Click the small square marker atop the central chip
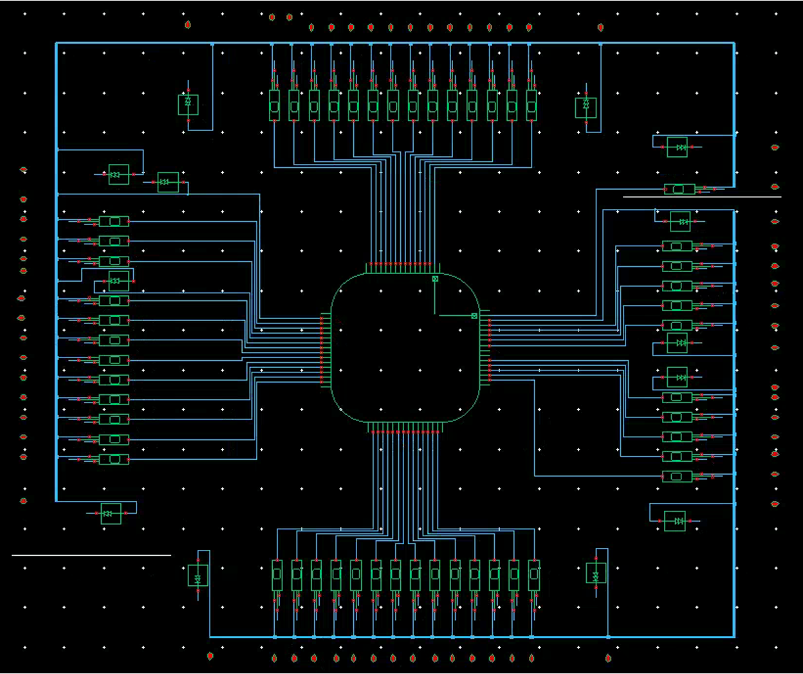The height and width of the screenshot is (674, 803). tap(435, 278)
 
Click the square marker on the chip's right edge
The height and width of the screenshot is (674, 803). tap(474, 316)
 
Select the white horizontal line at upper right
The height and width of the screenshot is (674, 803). tap(701, 197)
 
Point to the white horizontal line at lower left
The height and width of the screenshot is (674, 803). tap(91, 554)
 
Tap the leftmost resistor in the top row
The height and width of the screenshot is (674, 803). tap(275, 105)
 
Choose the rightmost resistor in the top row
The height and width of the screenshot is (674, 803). tap(531, 105)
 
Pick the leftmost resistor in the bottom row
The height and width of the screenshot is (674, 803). tap(277, 575)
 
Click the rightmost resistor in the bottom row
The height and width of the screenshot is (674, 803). tap(533, 575)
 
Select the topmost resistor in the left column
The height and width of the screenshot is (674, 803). tap(114, 221)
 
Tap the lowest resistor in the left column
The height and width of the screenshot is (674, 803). tap(114, 459)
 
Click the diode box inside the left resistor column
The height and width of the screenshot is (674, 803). tap(118, 281)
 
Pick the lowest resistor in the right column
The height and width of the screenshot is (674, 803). tap(677, 477)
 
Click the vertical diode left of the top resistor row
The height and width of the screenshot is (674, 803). tap(188, 104)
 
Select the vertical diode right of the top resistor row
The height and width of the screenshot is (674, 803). tap(586, 107)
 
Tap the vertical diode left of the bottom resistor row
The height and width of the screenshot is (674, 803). tap(198, 575)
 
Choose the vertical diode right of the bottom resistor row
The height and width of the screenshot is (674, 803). tap(596, 573)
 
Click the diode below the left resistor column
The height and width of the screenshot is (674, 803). tap(111, 513)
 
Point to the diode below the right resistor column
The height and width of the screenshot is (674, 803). tap(675, 520)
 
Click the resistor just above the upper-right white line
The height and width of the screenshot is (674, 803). tap(679, 189)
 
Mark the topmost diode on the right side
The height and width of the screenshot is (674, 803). tap(677, 147)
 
